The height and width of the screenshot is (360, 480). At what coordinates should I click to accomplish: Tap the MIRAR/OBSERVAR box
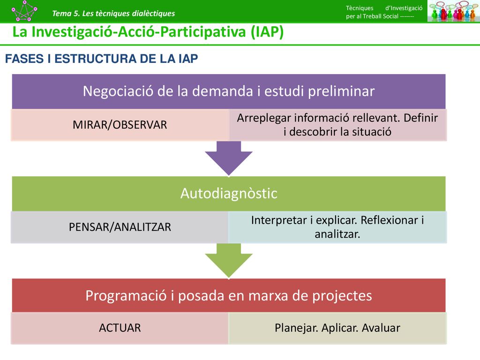pos(120,125)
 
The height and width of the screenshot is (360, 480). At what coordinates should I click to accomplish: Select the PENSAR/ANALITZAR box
pos(120,227)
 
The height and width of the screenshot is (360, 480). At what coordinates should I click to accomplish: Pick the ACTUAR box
pos(120,328)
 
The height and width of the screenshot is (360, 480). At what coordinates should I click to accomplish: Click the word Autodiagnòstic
pos(229,194)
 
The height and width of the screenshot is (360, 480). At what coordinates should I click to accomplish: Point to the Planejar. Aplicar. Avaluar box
pos(337,328)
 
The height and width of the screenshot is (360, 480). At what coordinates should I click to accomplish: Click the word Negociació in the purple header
pos(118,91)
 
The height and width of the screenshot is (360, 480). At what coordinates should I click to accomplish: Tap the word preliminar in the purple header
pos(341,91)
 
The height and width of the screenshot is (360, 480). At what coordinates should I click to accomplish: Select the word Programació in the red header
pos(126,296)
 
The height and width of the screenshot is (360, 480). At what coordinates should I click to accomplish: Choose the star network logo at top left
pos(24,11)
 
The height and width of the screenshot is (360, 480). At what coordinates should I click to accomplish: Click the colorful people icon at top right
pos(453,11)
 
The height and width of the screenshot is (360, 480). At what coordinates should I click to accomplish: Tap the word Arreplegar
pos(264,118)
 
